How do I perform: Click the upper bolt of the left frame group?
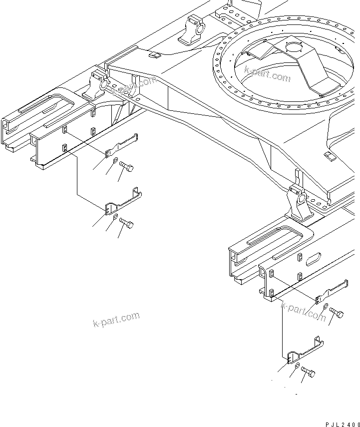pyautogui.click(x=126, y=169)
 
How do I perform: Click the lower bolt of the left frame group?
pyautogui.click(x=126, y=225)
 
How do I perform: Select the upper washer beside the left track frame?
pyautogui.click(x=115, y=160)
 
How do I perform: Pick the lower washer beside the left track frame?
pyautogui.click(x=115, y=217)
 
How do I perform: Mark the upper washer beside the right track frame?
pyautogui.click(x=326, y=306)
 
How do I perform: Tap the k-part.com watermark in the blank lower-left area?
pyautogui.click(x=116, y=320)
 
